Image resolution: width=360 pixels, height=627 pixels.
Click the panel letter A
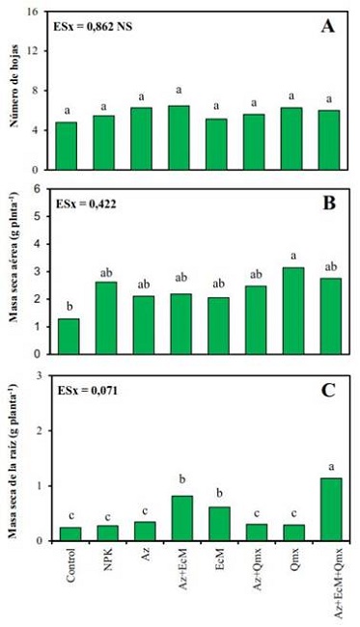tap(327, 29)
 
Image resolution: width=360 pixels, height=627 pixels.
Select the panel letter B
tap(327, 205)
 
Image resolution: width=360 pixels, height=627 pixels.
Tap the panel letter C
tap(327, 393)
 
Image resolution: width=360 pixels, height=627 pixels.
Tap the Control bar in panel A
tap(69, 145)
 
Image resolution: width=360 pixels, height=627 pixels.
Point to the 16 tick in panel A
tap(36, 13)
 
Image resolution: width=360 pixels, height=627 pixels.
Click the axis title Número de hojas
tap(14, 92)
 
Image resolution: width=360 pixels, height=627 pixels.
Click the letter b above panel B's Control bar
tap(69, 307)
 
